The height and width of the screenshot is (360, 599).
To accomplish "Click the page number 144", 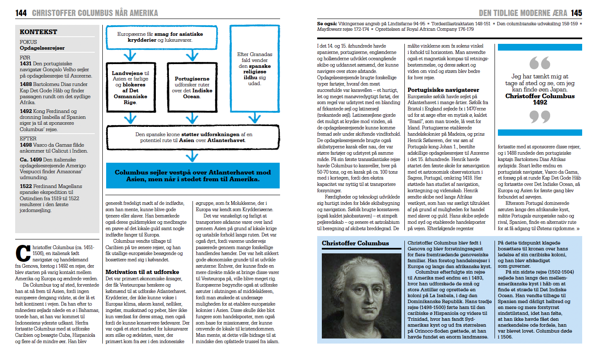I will (21, 13).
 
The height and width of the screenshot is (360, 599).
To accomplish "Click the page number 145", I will (576, 13).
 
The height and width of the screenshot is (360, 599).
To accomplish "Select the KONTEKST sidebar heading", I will (38, 32).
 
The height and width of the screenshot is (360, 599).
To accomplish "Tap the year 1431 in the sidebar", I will (26, 64).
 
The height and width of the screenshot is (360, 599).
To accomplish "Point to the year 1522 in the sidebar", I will (26, 186).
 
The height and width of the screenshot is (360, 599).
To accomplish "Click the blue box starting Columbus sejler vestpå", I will (193, 175).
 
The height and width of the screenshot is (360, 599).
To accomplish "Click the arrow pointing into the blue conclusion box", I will (192, 156).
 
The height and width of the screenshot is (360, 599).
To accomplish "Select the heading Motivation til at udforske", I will (142, 272).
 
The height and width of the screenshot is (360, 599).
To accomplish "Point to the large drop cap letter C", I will (23, 253).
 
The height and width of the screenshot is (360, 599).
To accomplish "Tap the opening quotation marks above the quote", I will (540, 63).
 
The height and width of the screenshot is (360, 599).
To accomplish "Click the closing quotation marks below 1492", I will (540, 117).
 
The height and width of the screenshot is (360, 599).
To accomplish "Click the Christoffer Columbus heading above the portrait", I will (355, 243).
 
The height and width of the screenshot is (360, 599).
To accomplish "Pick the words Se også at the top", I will (326, 24).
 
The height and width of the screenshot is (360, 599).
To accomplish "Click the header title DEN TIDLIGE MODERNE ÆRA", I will (523, 13).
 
